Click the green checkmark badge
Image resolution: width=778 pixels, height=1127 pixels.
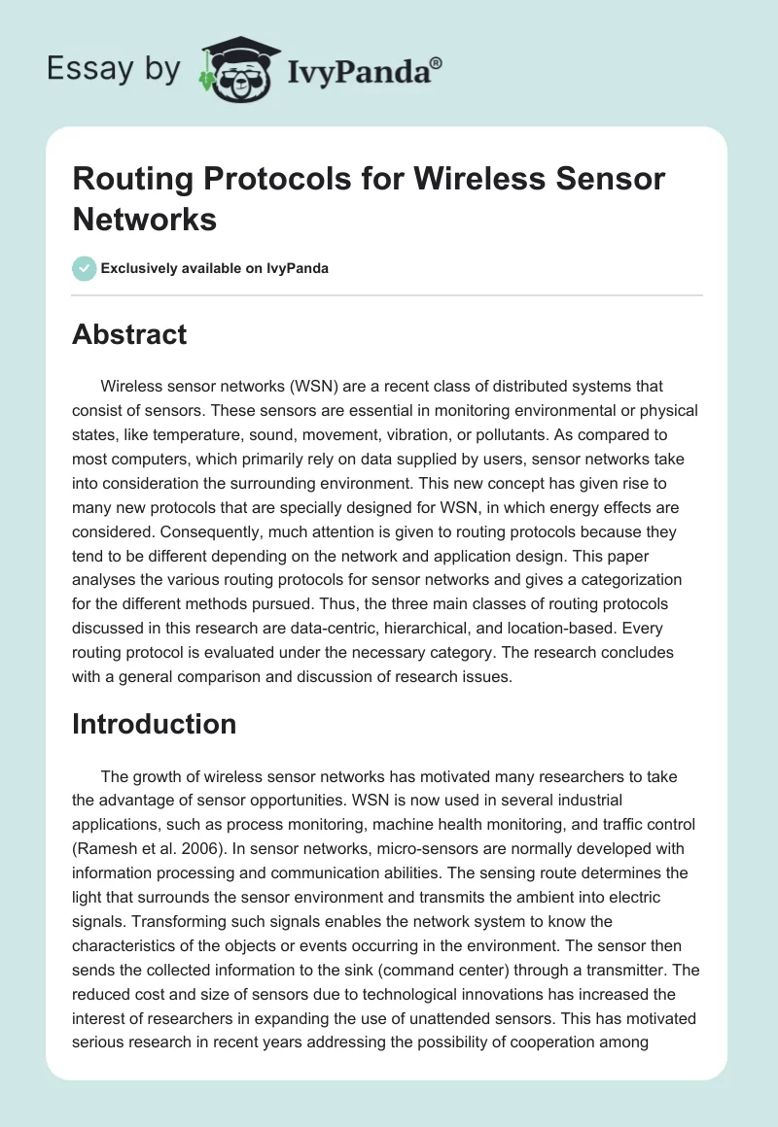click(x=85, y=268)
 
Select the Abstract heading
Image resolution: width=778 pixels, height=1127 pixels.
click(x=129, y=334)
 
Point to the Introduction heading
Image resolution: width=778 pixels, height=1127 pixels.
click(x=155, y=724)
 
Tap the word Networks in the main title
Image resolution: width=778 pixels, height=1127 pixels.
click(x=145, y=220)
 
